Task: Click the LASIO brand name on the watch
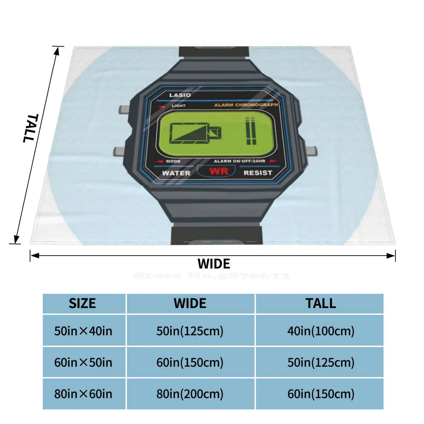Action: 180,95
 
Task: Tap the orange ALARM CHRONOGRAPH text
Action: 246,105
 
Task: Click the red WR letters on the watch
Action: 219,171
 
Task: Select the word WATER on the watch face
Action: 176,173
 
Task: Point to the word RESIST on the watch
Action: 258,173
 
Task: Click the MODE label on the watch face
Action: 173,161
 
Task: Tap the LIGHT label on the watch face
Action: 178,106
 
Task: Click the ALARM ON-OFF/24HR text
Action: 240,161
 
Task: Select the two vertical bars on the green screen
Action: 251,131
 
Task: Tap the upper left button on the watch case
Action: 124,109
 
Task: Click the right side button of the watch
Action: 312,151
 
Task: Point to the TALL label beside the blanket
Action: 31,128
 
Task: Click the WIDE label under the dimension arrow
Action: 214,264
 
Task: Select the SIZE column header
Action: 82,303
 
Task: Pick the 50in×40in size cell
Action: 83,331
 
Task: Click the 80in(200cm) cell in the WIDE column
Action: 190,394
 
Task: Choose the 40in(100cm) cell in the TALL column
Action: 321,331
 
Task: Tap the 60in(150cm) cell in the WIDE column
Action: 190,363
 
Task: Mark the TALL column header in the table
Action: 321,303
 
